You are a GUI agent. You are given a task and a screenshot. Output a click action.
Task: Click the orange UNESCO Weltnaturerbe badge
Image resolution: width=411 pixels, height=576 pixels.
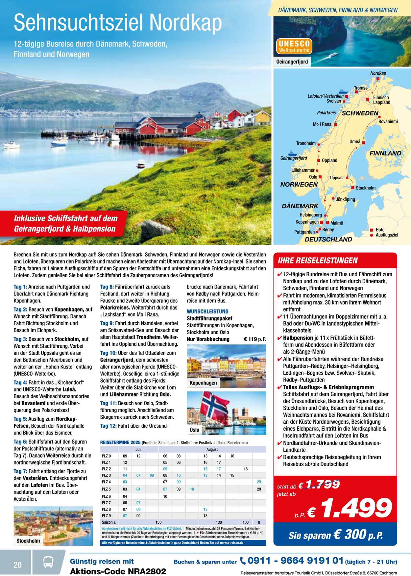294,46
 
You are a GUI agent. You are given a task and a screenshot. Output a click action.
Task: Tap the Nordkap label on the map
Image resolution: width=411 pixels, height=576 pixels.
378,73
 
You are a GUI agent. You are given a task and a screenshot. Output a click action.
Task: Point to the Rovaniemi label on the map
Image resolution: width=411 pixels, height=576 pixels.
388,122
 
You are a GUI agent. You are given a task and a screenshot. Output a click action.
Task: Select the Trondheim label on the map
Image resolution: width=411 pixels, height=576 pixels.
306,143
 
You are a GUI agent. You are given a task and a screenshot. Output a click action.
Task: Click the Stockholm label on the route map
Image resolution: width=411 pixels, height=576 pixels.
365,188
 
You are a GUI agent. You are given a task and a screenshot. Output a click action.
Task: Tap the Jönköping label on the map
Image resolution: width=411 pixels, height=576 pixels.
345,199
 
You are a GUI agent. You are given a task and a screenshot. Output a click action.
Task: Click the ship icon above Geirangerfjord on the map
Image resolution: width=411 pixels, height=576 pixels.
292,153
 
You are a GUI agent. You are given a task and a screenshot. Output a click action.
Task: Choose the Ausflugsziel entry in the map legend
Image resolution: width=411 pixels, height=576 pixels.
387,235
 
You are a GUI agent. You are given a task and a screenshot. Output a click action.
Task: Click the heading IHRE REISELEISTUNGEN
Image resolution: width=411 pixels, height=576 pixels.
317,261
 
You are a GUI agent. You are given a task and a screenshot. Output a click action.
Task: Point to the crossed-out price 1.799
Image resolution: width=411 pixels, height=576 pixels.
323,484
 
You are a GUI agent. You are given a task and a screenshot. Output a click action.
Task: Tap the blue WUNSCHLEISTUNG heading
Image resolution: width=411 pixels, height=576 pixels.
207,311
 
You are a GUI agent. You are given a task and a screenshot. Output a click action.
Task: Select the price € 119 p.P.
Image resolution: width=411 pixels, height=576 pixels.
255,339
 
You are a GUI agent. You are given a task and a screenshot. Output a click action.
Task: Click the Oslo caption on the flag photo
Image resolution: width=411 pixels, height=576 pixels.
194,430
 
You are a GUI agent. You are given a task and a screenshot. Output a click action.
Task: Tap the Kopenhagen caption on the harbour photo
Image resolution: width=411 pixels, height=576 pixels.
203,383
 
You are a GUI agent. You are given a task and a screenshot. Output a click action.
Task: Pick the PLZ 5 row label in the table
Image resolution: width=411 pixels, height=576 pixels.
106,489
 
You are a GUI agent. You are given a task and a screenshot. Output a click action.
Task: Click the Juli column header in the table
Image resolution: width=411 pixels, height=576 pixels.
138,449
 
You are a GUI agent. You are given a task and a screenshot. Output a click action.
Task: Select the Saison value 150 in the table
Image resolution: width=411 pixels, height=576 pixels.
158,522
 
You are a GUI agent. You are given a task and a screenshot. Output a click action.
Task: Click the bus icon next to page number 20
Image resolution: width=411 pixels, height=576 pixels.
48,562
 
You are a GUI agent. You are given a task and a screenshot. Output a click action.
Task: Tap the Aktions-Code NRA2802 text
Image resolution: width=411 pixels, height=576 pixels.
118,571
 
